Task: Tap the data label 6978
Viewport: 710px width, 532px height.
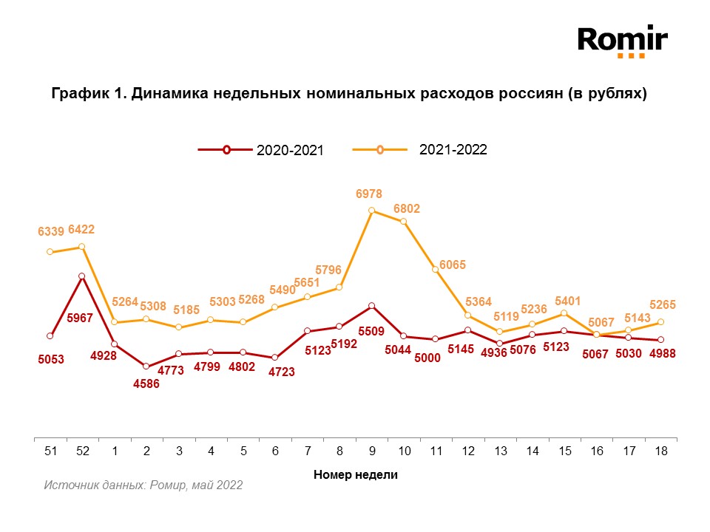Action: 368,194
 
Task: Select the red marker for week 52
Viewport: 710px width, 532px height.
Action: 82,276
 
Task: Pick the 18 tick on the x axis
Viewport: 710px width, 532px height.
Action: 660,450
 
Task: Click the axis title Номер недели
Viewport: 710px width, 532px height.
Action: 355,474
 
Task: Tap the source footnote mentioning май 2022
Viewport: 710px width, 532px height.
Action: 143,485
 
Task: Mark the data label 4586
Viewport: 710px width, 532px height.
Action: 146,384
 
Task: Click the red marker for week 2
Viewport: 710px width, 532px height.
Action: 146,366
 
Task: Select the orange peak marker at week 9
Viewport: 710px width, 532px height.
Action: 371,211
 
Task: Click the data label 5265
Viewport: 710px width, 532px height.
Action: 661,304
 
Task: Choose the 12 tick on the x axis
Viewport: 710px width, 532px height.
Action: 467,450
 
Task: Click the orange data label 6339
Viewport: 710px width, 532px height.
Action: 50,232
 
